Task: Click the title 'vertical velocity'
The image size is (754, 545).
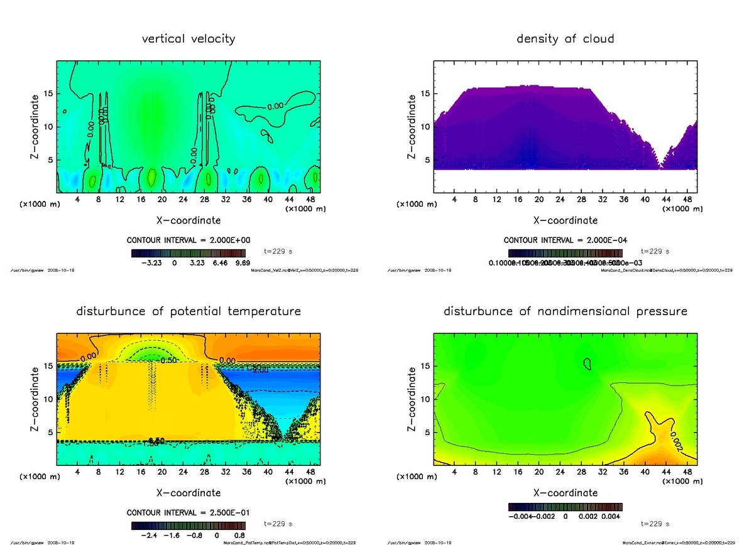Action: point(188,39)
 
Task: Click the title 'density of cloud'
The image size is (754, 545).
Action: point(565,39)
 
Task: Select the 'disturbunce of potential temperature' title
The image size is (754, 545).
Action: point(188,311)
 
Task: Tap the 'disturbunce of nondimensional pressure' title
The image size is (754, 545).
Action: point(565,311)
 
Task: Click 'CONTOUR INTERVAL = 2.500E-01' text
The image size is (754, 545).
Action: point(188,513)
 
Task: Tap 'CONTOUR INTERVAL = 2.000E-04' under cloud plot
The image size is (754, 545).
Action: point(565,240)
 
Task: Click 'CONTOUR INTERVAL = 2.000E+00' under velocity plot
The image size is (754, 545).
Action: point(188,240)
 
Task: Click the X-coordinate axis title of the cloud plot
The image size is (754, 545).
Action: point(565,220)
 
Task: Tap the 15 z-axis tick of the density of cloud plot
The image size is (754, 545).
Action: point(425,94)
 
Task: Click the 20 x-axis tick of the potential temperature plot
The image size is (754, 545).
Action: point(162,472)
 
